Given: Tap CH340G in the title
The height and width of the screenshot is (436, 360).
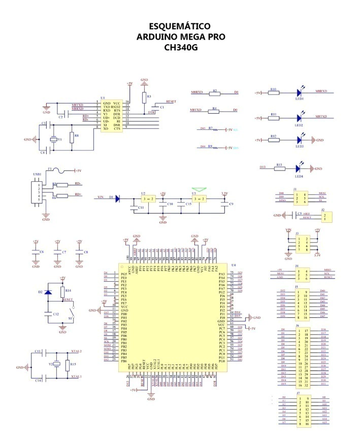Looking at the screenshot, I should tap(180, 48).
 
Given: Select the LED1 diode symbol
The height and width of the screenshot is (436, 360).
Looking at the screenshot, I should tap(300, 93).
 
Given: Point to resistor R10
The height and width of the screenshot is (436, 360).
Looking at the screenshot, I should tap(274, 93).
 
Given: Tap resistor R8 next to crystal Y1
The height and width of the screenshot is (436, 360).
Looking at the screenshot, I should tap(71, 139).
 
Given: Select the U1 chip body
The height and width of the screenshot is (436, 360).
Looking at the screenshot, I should tap(112, 116).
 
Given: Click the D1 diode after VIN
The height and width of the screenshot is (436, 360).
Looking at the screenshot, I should tap(117, 199).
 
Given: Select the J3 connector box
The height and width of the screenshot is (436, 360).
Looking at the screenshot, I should tap(303, 244).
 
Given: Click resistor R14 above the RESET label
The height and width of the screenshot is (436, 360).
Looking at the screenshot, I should tap(62, 292).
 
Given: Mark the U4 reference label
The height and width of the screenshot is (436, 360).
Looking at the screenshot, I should tap(234, 265).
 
